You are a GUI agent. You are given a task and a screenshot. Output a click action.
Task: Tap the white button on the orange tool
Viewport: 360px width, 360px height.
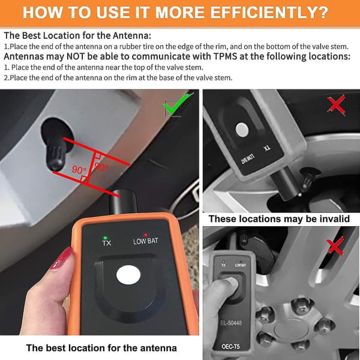point(128,275)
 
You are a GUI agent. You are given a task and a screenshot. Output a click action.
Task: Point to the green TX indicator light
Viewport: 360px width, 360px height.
point(106,238)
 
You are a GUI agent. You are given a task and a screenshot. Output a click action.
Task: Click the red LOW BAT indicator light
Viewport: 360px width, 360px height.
point(145,235)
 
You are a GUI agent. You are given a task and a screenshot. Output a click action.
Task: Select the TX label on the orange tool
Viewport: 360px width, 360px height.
point(107,244)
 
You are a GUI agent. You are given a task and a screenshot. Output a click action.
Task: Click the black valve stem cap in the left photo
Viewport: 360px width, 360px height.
point(56,157)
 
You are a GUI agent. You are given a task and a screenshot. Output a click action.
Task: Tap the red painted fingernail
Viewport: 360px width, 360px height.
point(61,259)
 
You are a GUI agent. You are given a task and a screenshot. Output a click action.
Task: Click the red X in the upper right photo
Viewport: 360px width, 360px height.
point(336,106)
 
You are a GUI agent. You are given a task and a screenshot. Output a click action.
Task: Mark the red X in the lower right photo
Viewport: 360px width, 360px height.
point(335,247)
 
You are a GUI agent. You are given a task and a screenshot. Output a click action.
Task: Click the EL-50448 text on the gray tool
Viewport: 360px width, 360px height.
point(231,323)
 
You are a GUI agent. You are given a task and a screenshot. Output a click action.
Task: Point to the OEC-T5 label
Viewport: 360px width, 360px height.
point(231,346)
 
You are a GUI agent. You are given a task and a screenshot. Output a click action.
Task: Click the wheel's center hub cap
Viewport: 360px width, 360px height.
point(291,329)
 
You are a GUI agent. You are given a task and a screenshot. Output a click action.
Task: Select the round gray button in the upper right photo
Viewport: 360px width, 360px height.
point(242,129)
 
